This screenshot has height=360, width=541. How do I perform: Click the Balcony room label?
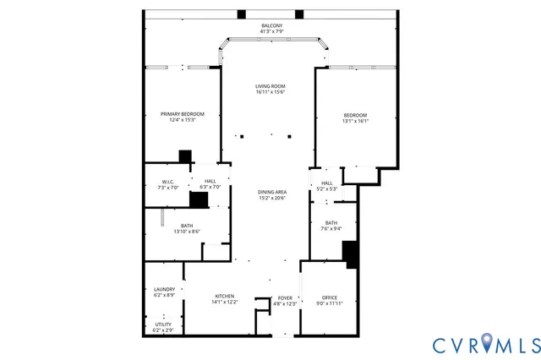[x=270, y=25]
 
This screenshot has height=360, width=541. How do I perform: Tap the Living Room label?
[x=270, y=86]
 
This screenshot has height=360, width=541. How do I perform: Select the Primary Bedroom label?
[x=178, y=113]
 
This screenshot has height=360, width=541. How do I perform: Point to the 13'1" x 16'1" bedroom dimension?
[x=356, y=121]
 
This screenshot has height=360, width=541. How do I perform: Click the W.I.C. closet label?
[x=167, y=182]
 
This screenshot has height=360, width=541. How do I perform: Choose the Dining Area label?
[x=271, y=192]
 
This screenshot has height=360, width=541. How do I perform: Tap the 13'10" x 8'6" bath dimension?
[x=186, y=231]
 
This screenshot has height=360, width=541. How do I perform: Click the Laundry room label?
[x=164, y=289]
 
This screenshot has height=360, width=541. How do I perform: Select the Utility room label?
[x=163, y=324]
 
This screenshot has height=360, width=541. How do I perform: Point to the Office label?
[x=330, y=297]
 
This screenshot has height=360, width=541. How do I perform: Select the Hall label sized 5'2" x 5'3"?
[x=327, y=183]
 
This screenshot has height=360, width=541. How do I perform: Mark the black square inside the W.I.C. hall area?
[x=199, y=199]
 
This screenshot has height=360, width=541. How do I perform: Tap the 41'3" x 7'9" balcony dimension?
[x=270, y=32]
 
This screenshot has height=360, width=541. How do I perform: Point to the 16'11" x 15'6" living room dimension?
[x=270, y=92]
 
